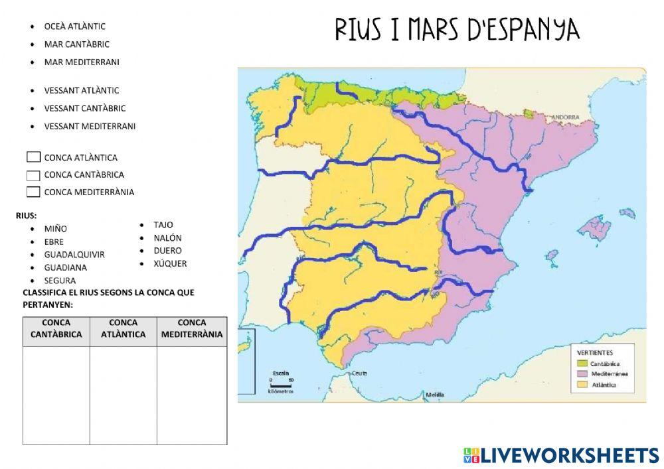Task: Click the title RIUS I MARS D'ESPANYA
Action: pyautogui.click(x=457, y=30)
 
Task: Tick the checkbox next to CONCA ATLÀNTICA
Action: pyautogui.click(x=34, y=157)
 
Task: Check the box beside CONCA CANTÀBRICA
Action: pyautogui.click(x=34, y=175)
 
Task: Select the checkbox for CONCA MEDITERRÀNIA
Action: pyautogui.click(x=34, y=192)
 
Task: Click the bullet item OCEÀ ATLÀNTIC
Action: pyautogui.click(x=74, y=27)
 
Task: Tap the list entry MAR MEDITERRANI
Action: pyautogui.click(x=82, y=62)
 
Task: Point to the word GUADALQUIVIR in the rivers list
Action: pyautogui.click(x=74, y=255)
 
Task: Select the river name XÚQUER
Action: pyautogui.click(x=170, y=263)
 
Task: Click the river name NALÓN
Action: pyautogui.click(x=167, y=237)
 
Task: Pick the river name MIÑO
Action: pyautogui.click(x=55, y=229)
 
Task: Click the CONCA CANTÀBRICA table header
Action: pyautogui.click(x=56, y=329)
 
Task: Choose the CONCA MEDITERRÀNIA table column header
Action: pyautogui.click(x=192, y=329)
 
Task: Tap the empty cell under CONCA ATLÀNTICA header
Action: pyautogui.click(x=124, y=395)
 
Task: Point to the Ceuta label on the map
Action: pyautogui.click(x=360, y=373)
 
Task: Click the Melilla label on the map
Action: pyautogui.click(x=435, y=394)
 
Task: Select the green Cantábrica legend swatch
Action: pyautogui.click(x=582, y=364)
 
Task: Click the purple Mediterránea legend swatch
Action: pyautogui.click(x=582, y=373)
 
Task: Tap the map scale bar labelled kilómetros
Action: pyautogui.click(x=281, y=384)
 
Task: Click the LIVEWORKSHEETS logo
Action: pyautogui.click(x=561, y=455)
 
